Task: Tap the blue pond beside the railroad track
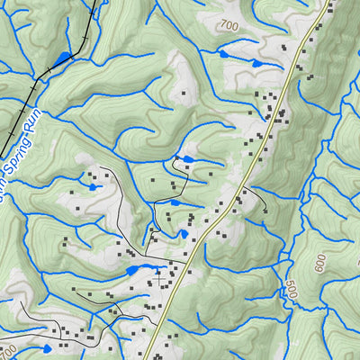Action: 61,59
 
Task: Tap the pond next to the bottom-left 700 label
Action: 46,347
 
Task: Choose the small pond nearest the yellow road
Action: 184,234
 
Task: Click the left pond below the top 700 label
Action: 224,54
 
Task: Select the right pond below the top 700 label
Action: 256,64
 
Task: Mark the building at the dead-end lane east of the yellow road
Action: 265,211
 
